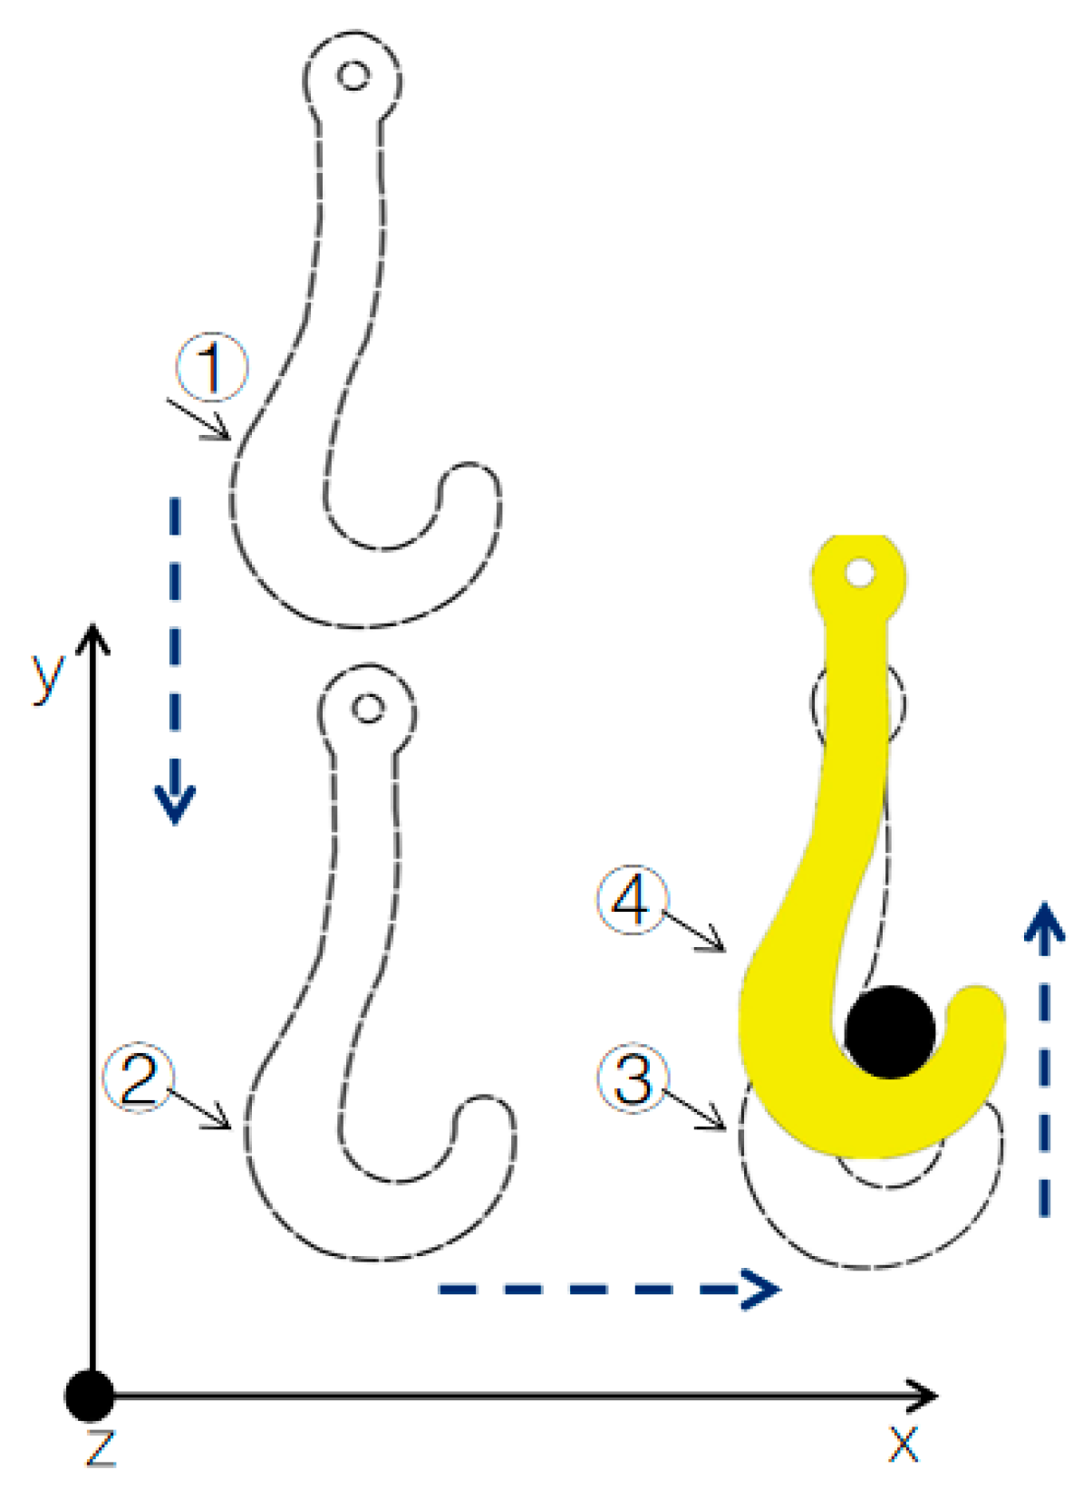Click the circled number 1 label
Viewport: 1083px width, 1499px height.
click(211, 368)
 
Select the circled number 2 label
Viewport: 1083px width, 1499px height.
click(139, 1078)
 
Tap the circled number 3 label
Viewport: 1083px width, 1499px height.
click(633, 1078)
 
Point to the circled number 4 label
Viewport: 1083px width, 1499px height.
click(632, 900)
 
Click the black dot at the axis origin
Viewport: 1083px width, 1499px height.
click(90, 1396)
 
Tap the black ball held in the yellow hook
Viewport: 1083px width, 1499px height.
click(889, 1031)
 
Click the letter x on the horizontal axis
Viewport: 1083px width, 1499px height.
click(903, 1443)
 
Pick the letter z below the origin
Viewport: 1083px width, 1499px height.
click(100, 1446)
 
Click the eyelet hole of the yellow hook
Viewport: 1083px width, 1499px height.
click(859, 573)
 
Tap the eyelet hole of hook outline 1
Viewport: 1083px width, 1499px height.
click(353, 74)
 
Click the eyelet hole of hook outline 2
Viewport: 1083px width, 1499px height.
click(367, 708)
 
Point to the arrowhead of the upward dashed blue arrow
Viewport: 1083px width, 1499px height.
click(1044, 923)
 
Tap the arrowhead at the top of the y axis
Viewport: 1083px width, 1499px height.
click(92, 636)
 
